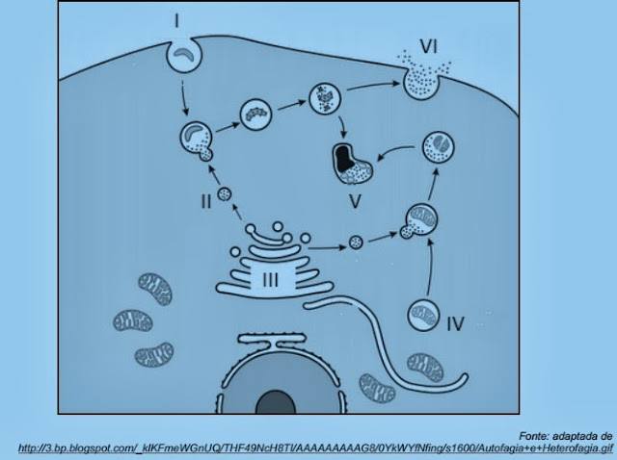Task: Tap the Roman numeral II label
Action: [x=205, y=201]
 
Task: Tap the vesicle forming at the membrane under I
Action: [x=182, y=54]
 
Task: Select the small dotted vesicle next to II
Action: [x=226, y=195]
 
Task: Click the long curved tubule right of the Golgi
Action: [x=386, y=332]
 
